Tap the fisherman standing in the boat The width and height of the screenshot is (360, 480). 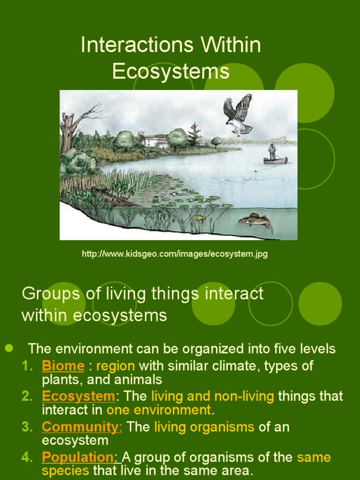[272, 152]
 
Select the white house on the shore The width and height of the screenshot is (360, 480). [155, 141]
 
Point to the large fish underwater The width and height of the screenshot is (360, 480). [255, 220]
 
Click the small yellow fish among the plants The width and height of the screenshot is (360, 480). [199, 217]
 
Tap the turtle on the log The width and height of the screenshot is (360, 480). [99, 188]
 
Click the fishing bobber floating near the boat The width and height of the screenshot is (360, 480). [255, 171]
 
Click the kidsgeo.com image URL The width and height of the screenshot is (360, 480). [174, 254]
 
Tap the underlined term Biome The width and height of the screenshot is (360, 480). [63, 366]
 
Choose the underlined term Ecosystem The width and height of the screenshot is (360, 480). [78, 396]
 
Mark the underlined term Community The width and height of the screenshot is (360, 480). [82, 427]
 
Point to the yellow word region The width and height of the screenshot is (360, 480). [115, 366]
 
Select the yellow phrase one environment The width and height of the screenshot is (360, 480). [159, 410]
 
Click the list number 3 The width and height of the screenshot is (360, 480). [27, 427]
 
